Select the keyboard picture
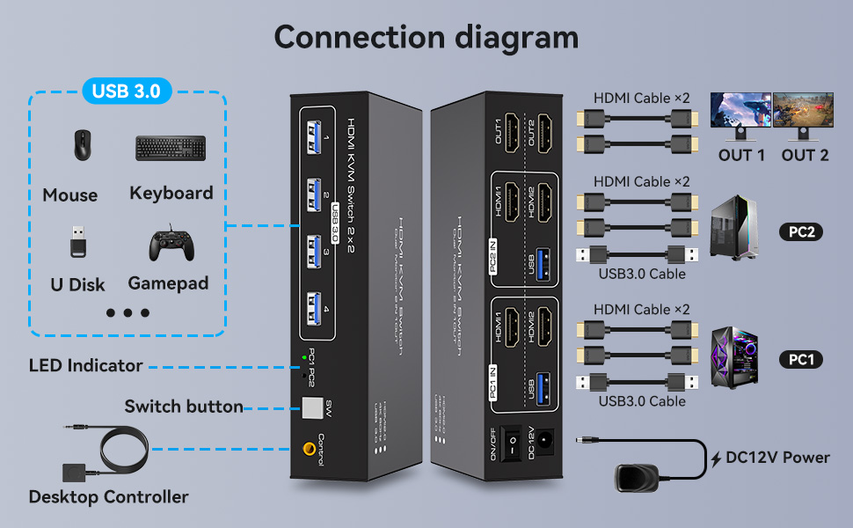click(x=171, y=148)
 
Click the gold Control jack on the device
click(x=310, y=448)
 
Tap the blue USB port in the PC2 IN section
click(x=543, y=261)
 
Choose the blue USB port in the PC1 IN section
click(x=543, y=388)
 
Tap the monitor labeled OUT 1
click(x=740, y=116)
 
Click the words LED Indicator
click(x=85, y=365)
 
